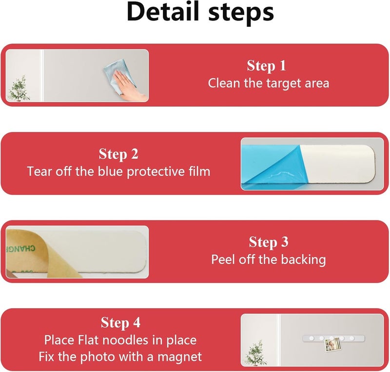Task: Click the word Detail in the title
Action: point(163,12)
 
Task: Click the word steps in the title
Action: point(241,13)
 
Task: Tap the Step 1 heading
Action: point(266,66)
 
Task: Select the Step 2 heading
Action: point(118,154)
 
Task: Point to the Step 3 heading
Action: point(269,242)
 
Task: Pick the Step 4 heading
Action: point(120,323)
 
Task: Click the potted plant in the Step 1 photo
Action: point(19,89)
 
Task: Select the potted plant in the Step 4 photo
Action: point(255,353)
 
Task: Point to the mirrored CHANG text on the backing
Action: point(20,248)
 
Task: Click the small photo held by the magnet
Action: point(332,345)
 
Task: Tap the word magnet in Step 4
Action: point(179,357)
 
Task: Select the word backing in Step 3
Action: point(303,260)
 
